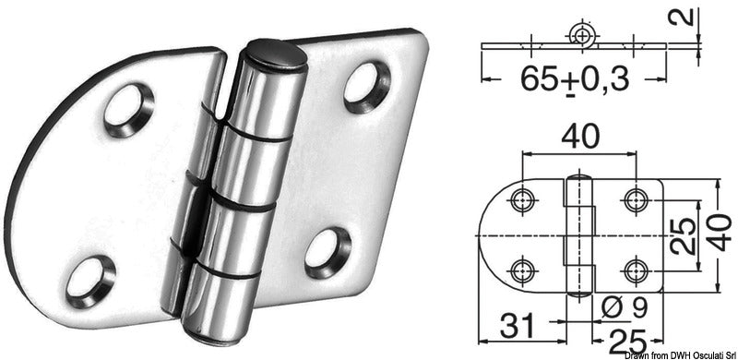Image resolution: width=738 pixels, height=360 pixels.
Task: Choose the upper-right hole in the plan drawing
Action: tap(633, 199)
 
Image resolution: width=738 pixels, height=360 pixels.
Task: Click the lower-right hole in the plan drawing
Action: tap(633, 269)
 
